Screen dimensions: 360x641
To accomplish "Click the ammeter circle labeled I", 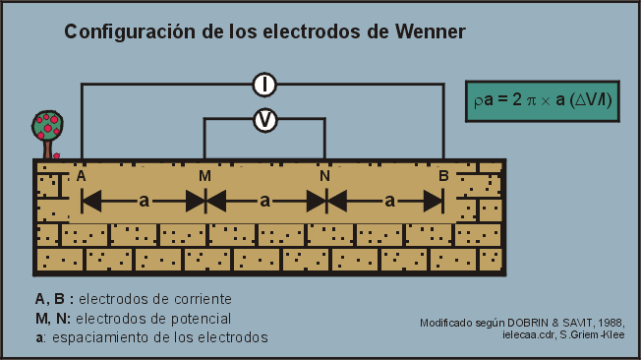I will (x=264, y=85).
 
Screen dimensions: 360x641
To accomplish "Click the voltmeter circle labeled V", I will (x=264, y=119).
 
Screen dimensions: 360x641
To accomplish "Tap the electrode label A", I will (x=82, y=176).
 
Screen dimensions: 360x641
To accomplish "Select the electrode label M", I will (x=204, y=176).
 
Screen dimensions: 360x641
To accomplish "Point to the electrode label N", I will (x=324, y=176).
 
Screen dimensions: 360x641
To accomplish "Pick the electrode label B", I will (x=444, y=176).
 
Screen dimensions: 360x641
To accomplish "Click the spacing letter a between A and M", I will (x=144, y=201).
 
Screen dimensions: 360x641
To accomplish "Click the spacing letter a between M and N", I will (x=264, y=201).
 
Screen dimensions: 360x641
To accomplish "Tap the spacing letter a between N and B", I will (x=389, y=201).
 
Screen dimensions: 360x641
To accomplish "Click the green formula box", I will (x=543, y=100).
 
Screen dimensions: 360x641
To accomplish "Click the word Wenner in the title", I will (x=429, y=32).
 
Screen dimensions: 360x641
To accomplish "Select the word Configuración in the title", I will (x=131, y=32).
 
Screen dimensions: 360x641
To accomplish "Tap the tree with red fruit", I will (x=47, y=132).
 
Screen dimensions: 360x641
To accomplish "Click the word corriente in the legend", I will (x=198, y=298).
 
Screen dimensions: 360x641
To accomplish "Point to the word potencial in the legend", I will (x=197, y=318).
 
